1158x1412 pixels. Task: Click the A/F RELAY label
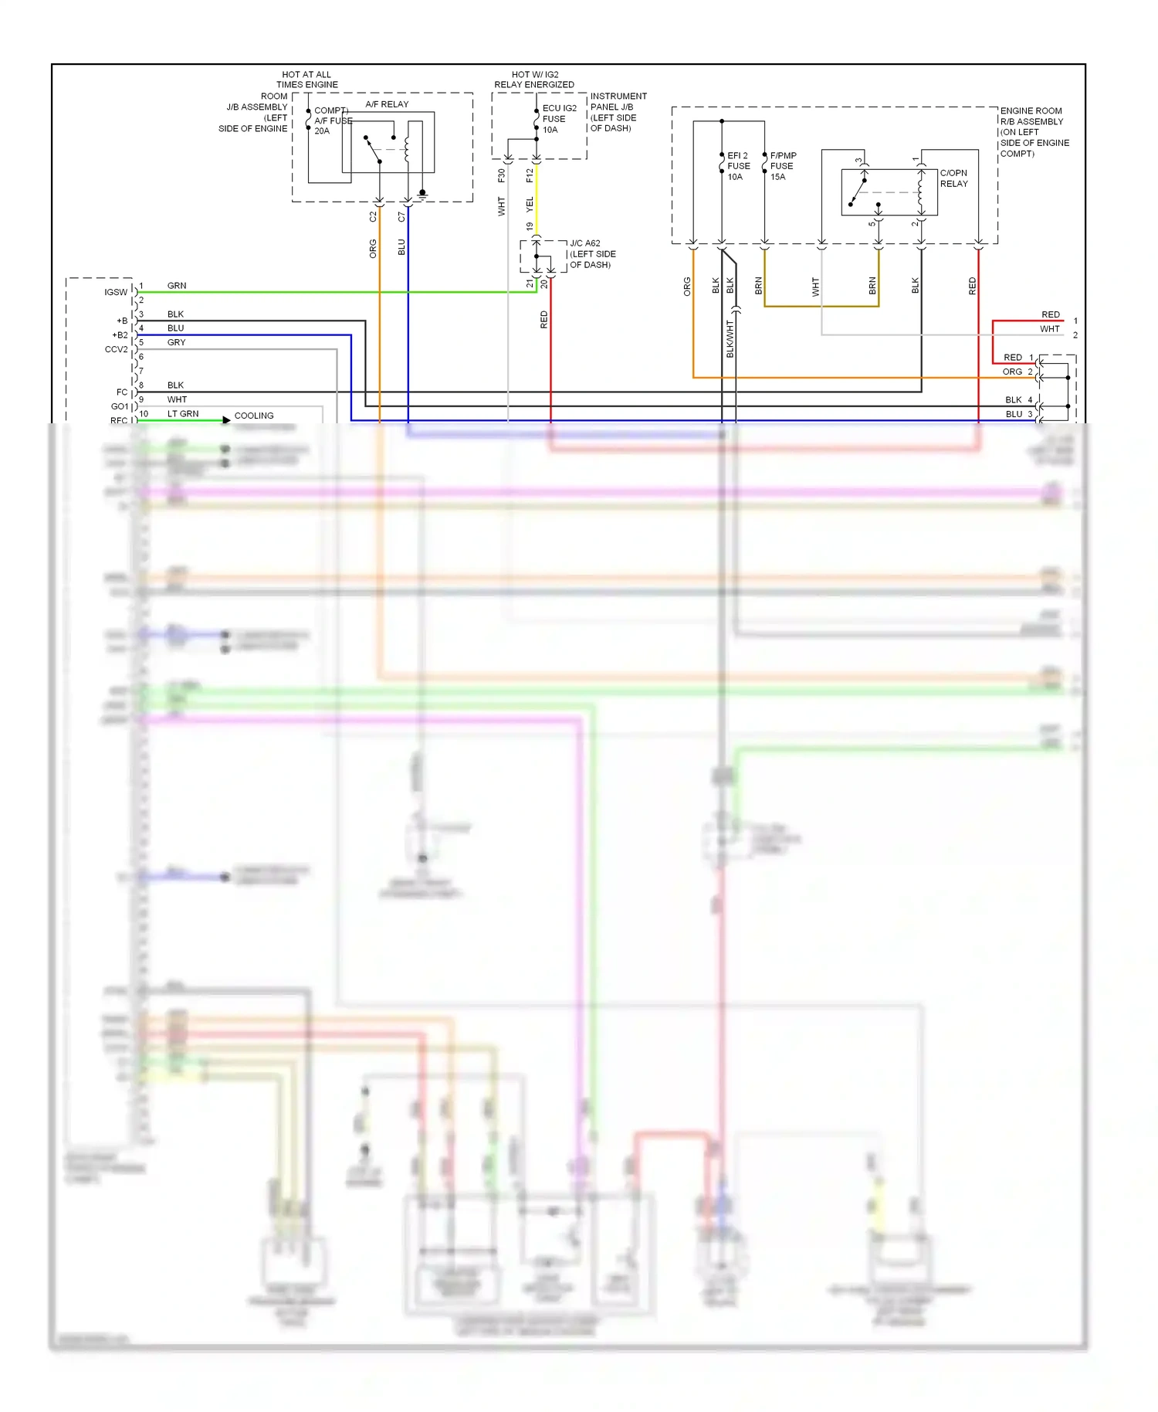(x=387, y=104)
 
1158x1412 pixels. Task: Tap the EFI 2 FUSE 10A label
(x=738, y=166)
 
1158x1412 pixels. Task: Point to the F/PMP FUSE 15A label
(x=782, y=166)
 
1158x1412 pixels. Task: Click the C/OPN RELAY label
(x=953, y=178)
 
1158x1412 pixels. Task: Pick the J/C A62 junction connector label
(x=592, y=254)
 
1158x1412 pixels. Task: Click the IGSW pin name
(x=116, y=292)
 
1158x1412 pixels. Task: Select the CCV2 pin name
(x=116, y=349)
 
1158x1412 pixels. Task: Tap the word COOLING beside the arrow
(x=254, y=416)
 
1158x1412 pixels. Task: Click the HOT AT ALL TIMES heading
(x=306, y=80)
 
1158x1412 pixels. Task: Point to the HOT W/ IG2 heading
(x=534, y=80)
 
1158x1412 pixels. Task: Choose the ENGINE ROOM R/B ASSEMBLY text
(x=1034, y=132)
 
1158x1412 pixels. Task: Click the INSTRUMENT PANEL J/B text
(x=618, y=112)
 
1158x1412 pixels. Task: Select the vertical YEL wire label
(x=530, y=204)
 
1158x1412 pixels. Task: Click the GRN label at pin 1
(x=177, y=286)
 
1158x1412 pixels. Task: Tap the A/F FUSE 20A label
(x=330, y=120)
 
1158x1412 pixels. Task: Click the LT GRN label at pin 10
(x=183, y=414)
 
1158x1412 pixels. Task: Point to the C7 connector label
(x=401, y=217)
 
